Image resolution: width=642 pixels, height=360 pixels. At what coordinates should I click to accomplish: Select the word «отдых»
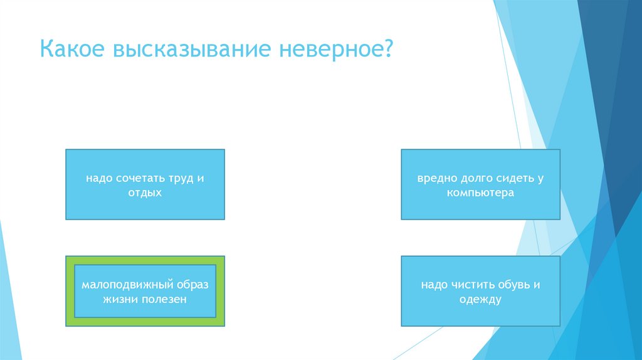(145, 193)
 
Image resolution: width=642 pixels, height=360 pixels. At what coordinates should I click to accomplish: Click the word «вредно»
(434, 178)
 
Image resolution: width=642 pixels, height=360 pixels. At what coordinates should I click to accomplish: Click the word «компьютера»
(480, 193)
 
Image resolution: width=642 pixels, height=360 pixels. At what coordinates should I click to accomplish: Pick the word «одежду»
(480, 300)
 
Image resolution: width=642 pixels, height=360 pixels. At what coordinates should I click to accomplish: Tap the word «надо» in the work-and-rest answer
(98, 178)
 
